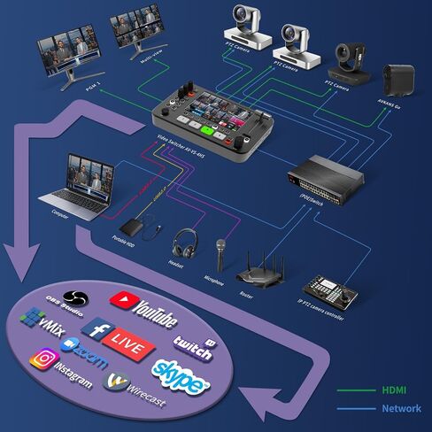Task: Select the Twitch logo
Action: click(x=193, y=345)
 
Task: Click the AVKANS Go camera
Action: click(x=397, y=81)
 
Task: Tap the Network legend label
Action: click(x=400, y=409)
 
